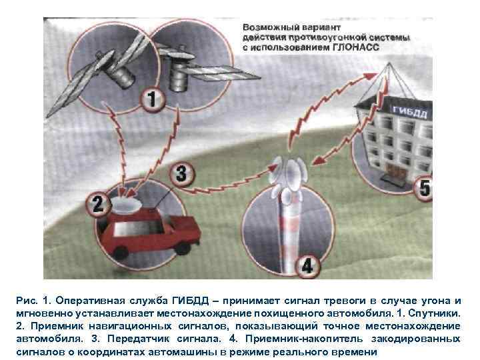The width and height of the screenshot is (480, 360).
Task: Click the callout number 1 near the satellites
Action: [x=153, y=101]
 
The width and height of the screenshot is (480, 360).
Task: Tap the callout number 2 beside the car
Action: [x=98, y=203]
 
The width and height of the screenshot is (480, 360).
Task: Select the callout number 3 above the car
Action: [x=181, y=175]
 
